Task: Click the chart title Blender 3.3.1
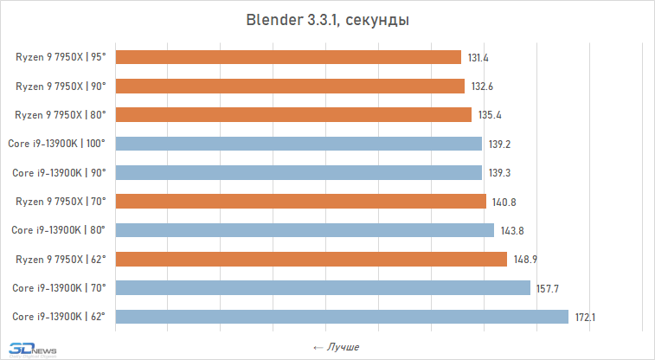click(x=327, y=20)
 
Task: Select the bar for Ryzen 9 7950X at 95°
click(x=288, y=57)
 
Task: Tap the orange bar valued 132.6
click(x=290, y=86)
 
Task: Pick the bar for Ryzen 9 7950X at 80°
click(x=293, y=114)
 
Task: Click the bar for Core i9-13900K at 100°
click(x=299, y=144)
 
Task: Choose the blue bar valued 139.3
click(x=299, y=172)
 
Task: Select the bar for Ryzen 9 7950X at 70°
click(x=300, y=202)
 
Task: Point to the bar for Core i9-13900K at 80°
click(x=305, y=230)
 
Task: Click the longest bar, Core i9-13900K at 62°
click(x=342, y=317)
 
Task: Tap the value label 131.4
click(x=478, y=57)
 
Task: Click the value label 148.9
click(x=524, y=259)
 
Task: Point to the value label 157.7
click(x=548, y=288)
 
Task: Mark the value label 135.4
click(x=489, y=114)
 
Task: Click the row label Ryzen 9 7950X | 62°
click(x=61, y=259)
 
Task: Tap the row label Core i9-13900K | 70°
click(x=59, y=288)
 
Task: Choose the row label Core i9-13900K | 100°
click(x=59, y=144)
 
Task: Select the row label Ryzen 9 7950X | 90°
click(x=61, y=86)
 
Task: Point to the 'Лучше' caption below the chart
click(x=336, y=347)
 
